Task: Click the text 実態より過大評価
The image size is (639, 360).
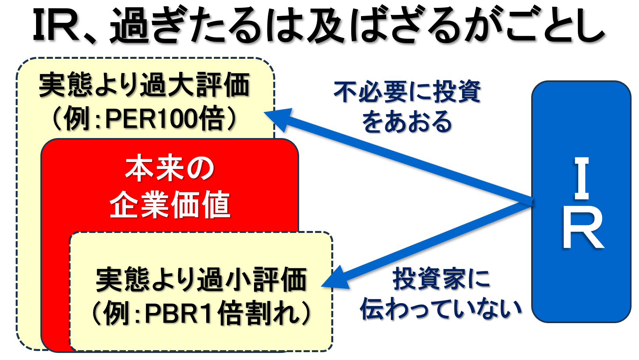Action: pos(144,85)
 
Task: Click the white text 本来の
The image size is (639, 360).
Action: pos(170,168)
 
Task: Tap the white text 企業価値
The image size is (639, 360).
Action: pos(170,204)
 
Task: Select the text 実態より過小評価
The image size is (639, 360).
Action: pos(202,279)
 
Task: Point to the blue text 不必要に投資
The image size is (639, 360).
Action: pos(407,91)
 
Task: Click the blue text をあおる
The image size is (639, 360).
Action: pos(407,122)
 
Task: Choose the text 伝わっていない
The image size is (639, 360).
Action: pos(441,309)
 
